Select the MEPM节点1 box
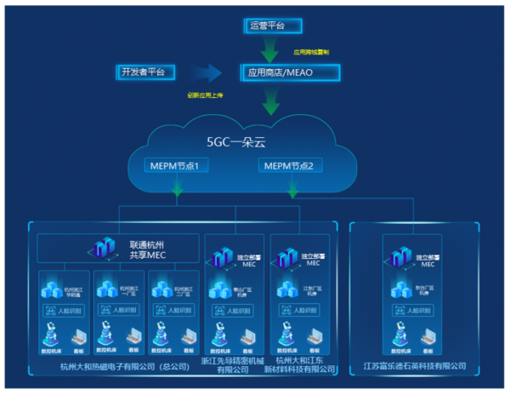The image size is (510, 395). click(x=173, y=164)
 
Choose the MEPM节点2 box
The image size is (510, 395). click(x=289, y=164)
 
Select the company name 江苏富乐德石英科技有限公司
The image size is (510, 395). click(x=416, y=366)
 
